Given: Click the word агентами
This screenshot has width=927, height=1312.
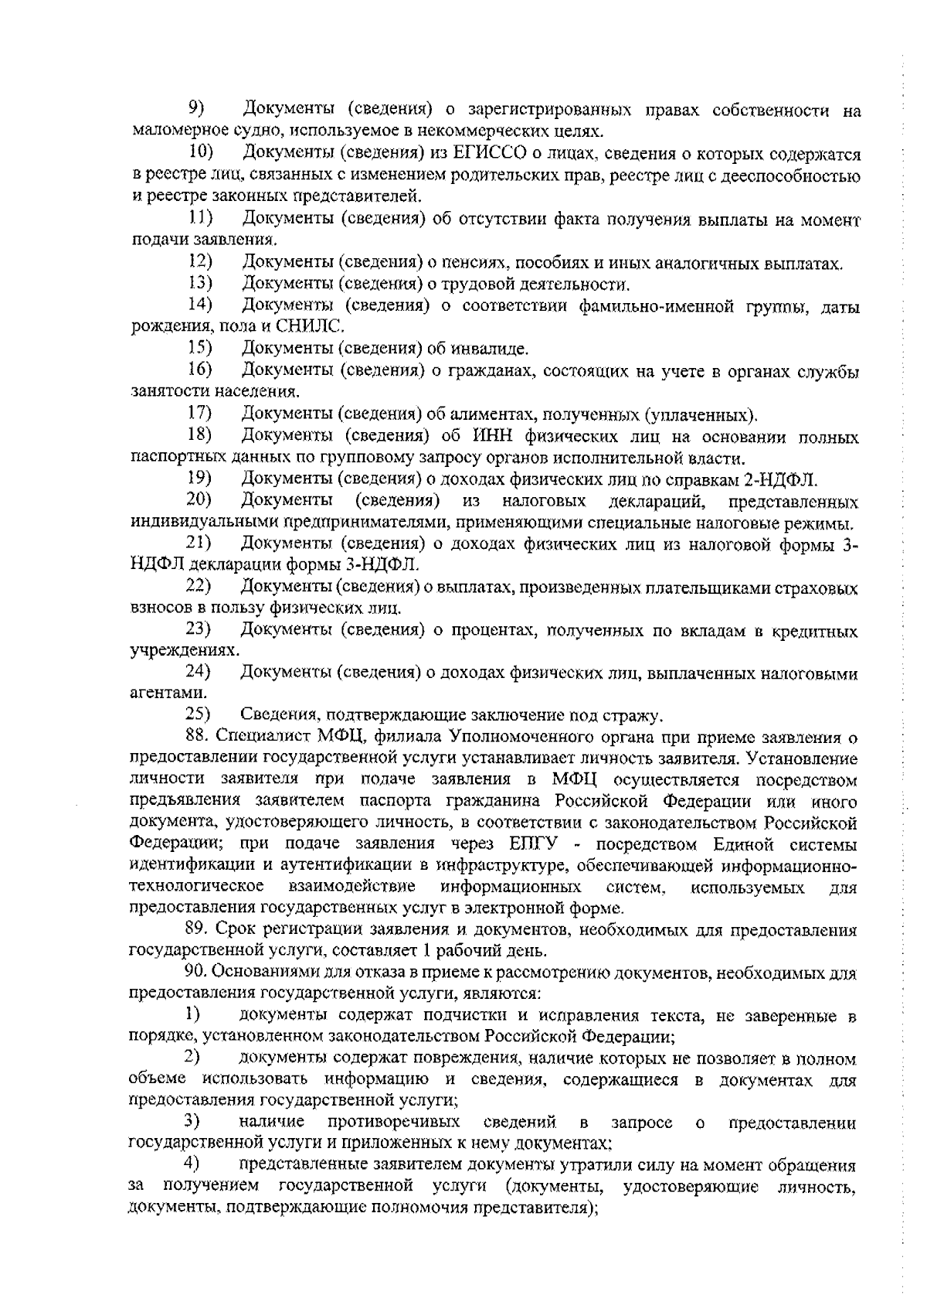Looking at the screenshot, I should point(158,693).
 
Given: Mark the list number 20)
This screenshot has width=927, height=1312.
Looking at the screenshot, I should point(199,501).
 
